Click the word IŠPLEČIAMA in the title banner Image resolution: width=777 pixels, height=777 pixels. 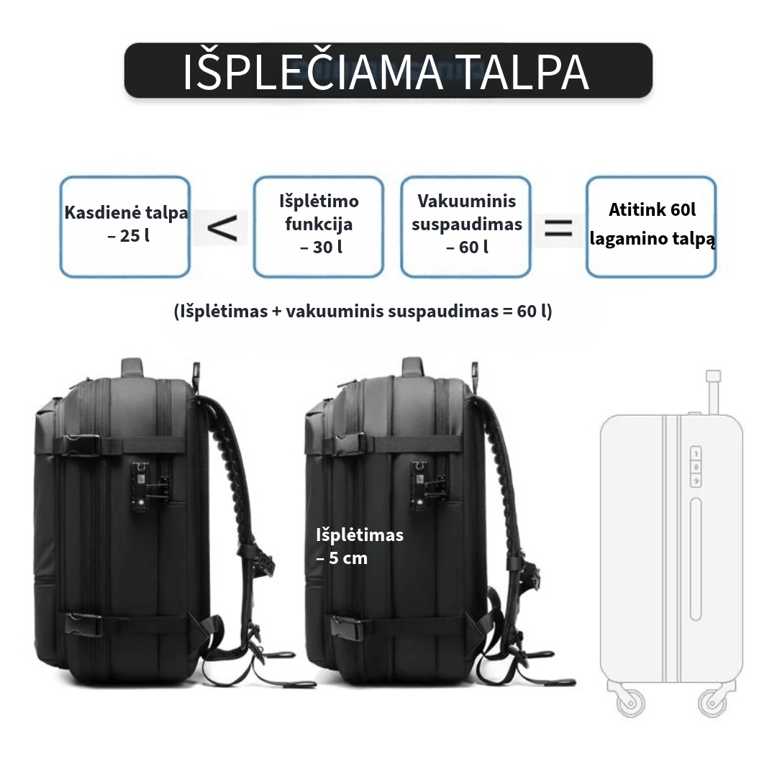[x=313, y=73]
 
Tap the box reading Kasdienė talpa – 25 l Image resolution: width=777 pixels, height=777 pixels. [x=125, y=227]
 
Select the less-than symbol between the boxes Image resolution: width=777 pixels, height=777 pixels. [x=221, y=228]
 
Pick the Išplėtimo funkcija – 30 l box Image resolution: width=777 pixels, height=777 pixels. [x=319, y=227]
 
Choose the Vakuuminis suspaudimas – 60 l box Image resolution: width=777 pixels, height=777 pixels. [x=465, y=227]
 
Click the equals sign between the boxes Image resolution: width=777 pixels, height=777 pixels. [x=558, y=229]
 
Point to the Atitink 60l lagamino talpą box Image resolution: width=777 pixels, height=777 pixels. [x=651, y=227]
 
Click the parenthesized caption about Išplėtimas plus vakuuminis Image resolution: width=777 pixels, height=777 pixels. [x=363, y=312]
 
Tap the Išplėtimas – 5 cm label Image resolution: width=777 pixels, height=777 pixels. [x=360, y=546]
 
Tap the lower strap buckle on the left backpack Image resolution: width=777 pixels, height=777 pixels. [x=84, y=624]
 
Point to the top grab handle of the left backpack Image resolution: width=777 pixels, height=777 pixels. [x=132, y=368]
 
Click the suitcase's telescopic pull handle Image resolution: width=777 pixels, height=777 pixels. [x=712, y=392]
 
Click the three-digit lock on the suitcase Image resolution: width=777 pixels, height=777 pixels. [x=696, y=466]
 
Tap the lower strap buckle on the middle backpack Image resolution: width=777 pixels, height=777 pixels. [x=350, y=628]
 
